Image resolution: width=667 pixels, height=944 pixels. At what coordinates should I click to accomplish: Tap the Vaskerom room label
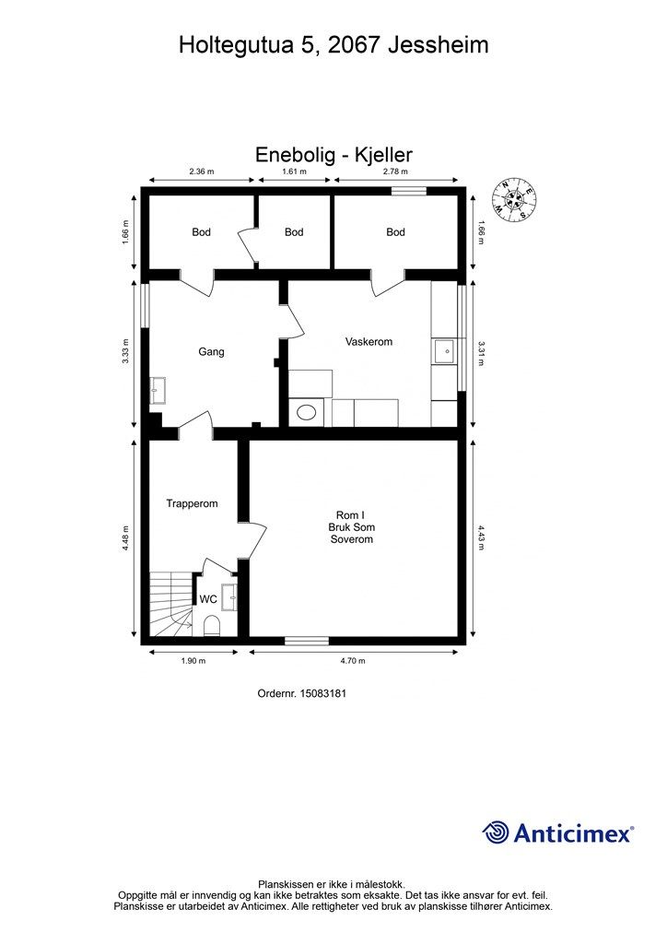tap(369, 341)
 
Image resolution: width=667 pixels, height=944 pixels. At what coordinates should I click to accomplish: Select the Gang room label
tap(211, 351)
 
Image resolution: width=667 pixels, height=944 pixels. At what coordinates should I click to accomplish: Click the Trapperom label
tap(192, 503)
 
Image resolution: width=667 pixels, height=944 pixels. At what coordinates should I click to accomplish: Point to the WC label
tap(208, 599)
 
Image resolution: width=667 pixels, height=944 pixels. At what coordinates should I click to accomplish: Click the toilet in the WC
tap(212, 626)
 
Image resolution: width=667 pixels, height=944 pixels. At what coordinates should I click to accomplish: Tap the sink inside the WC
tap(229, 596)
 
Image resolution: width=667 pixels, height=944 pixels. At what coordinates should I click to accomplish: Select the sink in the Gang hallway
tap(158, 390)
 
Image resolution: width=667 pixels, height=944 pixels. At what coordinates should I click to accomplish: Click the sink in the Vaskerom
tap(446, 351)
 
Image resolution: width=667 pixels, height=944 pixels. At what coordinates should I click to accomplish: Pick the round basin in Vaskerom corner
tap(307, 412)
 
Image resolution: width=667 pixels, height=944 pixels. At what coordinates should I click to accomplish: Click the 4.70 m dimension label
tap(353, 660)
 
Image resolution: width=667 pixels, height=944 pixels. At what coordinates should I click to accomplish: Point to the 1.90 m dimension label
tap(193, 660)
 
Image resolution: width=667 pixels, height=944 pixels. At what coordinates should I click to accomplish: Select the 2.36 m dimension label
tap(202, 171)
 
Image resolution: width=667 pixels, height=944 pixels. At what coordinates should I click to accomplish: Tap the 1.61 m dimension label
tap(294, 171)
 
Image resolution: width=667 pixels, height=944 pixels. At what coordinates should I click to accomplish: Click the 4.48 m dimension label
tap(125, 538)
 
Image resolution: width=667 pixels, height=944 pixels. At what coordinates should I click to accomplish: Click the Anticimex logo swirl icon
tap(495, 832)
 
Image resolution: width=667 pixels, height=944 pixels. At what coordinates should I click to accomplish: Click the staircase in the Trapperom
tap(170, 604)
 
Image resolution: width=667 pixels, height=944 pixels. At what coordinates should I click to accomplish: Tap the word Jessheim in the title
tap(438, 45)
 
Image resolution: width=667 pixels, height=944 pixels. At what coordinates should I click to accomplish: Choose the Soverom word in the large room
tap(352, 538)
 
